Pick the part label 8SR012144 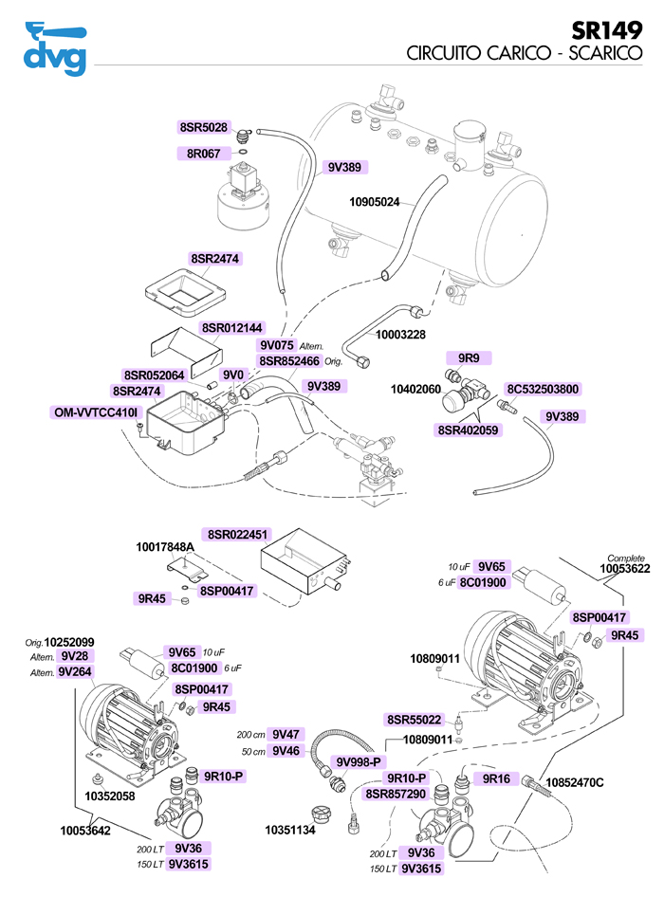[x=232, y=328]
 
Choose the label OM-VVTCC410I [x=98, y=412]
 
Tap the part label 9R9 [x=469, y=357]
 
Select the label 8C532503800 [x=543, y=389]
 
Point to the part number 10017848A [x=165, y=548]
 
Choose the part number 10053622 [x=624, y=569]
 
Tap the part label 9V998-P [x=359, y=761]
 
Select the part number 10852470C [x=576, y=781]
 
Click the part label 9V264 [x=74, y=671]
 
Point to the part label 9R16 [x=496, y=778]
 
